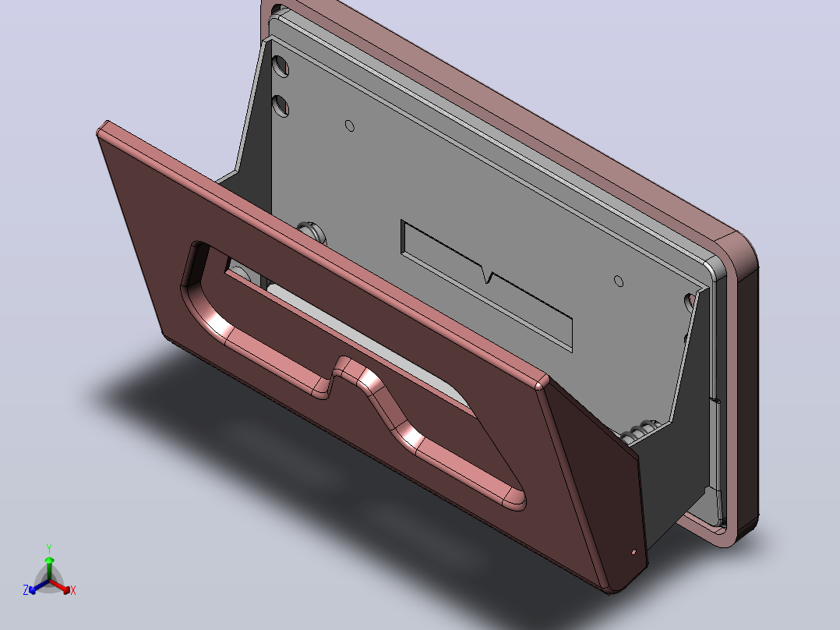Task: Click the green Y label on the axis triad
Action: tap(49, 548)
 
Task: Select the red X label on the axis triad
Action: tap(73, 590)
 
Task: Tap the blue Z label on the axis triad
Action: tap(25, 590)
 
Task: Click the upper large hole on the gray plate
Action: tap(281, 65)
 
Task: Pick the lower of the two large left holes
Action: tap(281, 105)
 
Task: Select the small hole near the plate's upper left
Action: tap(349, 126)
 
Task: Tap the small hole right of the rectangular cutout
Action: tap(618, 281)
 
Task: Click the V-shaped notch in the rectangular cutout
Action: tap(486, 275)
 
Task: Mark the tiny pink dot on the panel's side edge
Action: tap(634, 551)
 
